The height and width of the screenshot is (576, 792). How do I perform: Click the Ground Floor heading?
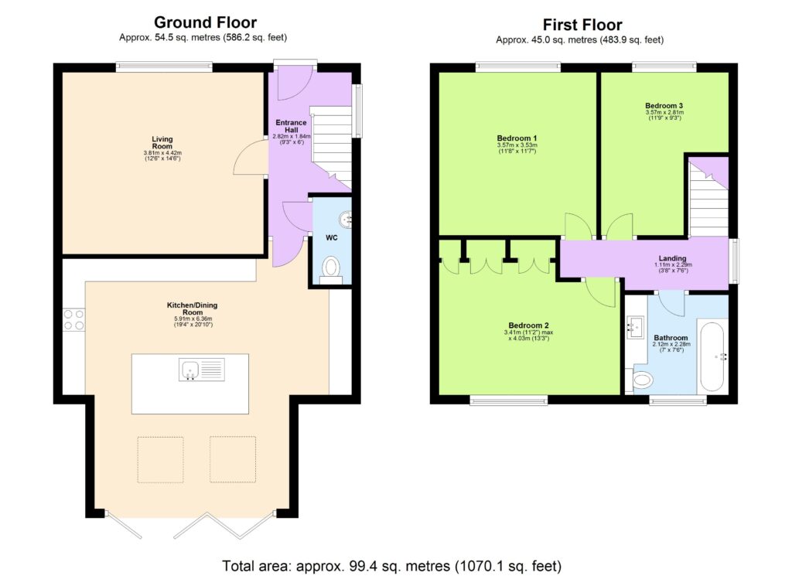click(x=205, y=22)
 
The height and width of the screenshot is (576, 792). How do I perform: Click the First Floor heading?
click(x=582, y=25)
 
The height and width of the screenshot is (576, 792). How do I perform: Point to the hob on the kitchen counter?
click(x=73, y=320)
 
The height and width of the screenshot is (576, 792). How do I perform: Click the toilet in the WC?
click(x=331, y=267)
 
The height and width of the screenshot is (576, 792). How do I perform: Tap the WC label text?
click(x=330, y=237)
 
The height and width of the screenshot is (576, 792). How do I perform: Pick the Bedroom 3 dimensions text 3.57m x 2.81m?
click(x=664, y=112)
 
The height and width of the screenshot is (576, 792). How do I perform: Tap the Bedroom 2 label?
click(x=528, y=325)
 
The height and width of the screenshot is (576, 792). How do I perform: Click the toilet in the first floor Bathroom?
click(x=641, y=380)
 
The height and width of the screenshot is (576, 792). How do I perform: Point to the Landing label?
click(x=672, y=258)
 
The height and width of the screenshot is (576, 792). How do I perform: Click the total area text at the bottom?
click(x=391, y=564)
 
